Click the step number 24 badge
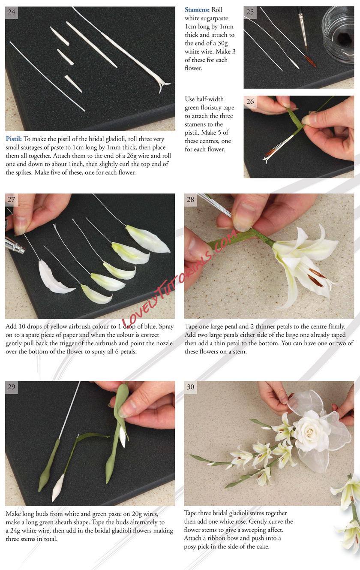point(12,12)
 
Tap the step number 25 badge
point(250,12)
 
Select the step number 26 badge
point(250,102)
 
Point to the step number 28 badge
point(190,200)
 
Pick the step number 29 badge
point(12,387)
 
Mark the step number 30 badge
point(190,387)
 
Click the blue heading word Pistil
point(14,139)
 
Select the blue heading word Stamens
point(197,10)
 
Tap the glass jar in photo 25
point(338,34)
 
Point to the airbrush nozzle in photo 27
point(16,247)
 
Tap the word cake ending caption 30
point(262,546)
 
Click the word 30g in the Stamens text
point(222,44)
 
